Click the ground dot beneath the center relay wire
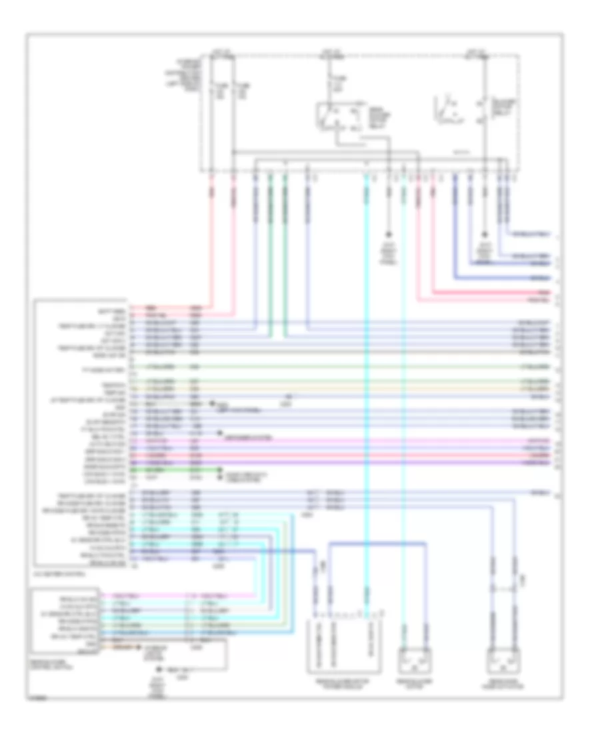[x=390, y=235]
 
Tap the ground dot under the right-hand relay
[x=485, y=235]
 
